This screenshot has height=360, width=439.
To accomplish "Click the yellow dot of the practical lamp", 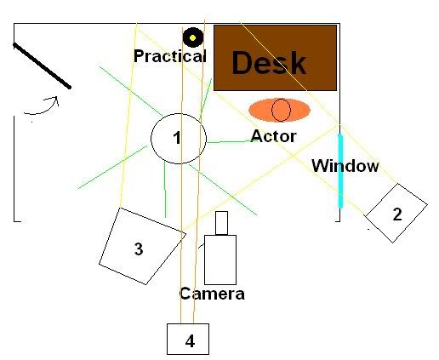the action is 192,37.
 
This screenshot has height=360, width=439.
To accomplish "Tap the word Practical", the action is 170,56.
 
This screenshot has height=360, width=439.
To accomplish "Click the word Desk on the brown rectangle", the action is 269,62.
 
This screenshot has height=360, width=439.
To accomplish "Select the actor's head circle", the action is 281,110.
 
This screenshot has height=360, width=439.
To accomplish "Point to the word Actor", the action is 274,136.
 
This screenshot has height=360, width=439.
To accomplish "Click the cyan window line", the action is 340,171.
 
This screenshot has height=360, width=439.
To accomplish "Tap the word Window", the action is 345,165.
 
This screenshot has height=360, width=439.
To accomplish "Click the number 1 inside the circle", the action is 177,138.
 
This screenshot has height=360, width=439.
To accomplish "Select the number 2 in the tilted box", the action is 397,214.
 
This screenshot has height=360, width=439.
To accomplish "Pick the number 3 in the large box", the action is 139,249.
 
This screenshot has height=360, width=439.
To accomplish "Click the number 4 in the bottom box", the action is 190,341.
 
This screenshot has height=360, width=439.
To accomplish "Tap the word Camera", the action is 212,294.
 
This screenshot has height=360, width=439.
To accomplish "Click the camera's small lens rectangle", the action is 221,223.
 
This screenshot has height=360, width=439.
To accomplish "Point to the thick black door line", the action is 42,66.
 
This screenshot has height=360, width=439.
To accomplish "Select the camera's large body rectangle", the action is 220,260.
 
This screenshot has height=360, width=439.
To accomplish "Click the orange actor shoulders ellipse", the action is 279,110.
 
